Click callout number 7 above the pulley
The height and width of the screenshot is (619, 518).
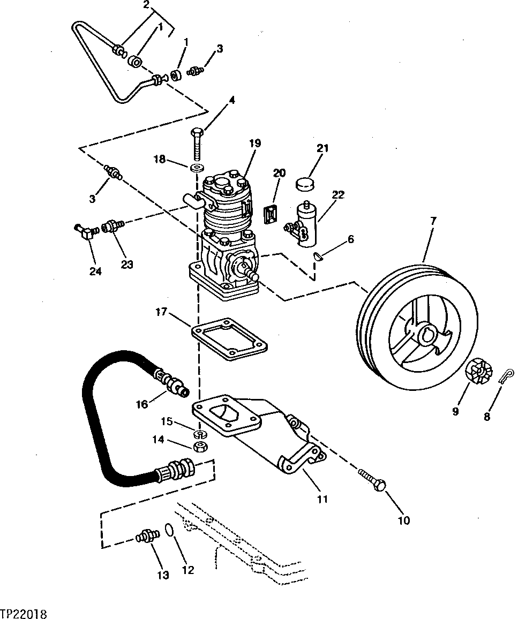click(433, 220)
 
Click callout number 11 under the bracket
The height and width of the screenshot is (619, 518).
click(321, 499)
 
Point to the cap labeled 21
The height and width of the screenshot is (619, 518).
click(304, 184)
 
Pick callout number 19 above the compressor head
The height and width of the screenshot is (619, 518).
click(254, 143)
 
